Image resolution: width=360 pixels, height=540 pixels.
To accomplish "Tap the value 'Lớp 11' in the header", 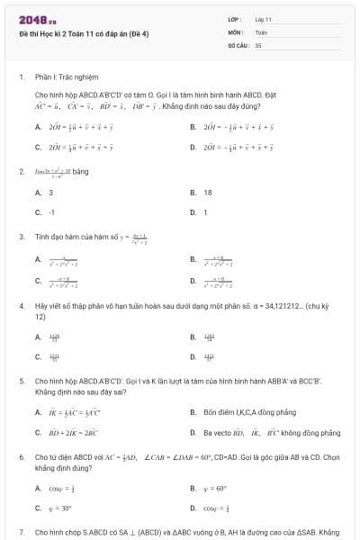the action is [x=263, y=19].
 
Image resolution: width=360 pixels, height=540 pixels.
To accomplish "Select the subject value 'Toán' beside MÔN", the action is [x=261, y=31].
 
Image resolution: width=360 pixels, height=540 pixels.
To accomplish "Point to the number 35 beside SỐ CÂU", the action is [x=258, y=44].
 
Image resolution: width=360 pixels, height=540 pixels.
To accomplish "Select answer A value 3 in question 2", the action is [x=50, y=192].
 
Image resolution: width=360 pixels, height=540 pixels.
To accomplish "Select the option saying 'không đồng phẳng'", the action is [x=315, y=433].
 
